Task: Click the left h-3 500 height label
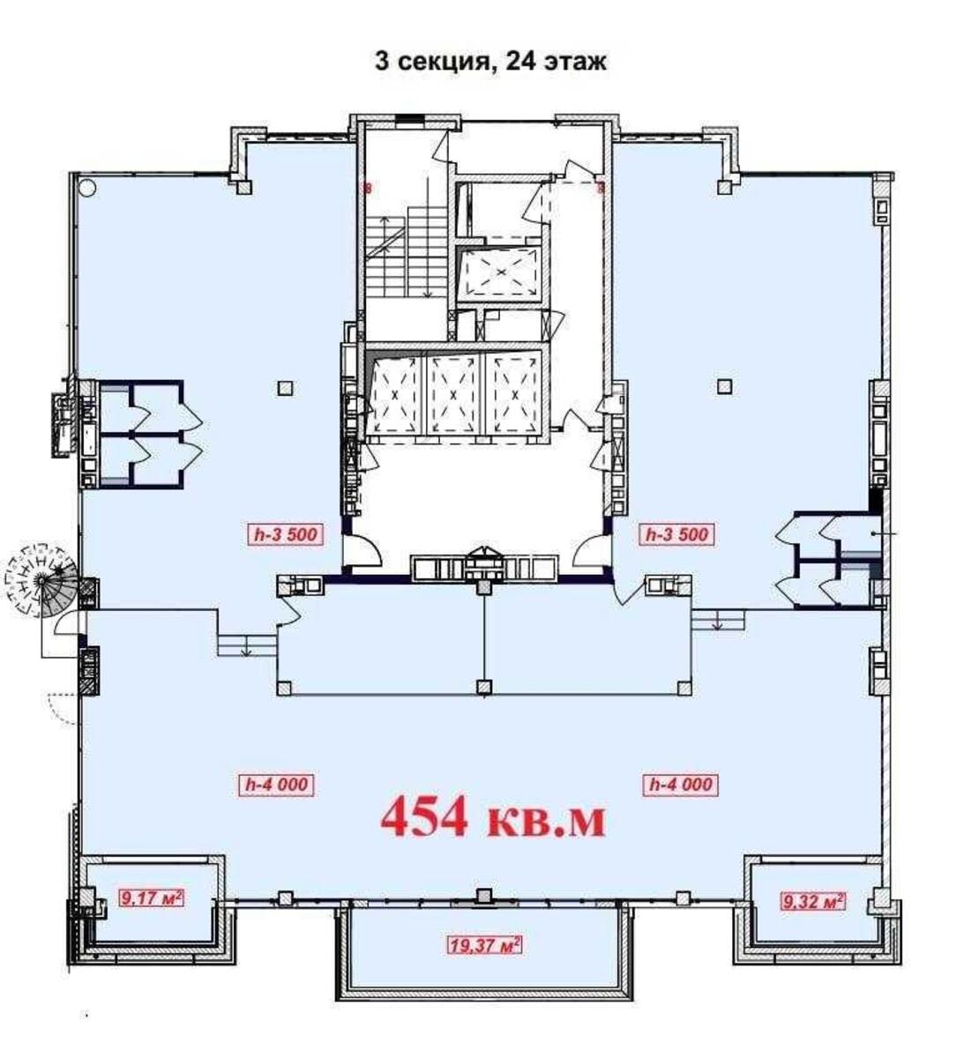[x=285, y=534]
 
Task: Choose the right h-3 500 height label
[x=677, y=534]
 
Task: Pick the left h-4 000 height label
[x=277, y=784]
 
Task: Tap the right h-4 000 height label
[x=681, y=784]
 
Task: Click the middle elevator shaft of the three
[x=452, y=394]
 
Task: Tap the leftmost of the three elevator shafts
[x=395, y=394]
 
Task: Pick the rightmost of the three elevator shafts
[x=513, y=394]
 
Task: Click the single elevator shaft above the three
[x=500, y=273]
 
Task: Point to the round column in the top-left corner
[x=86, y=187]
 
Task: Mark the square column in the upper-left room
[x=283, y=385]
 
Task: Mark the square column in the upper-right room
[x=725, y=385]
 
